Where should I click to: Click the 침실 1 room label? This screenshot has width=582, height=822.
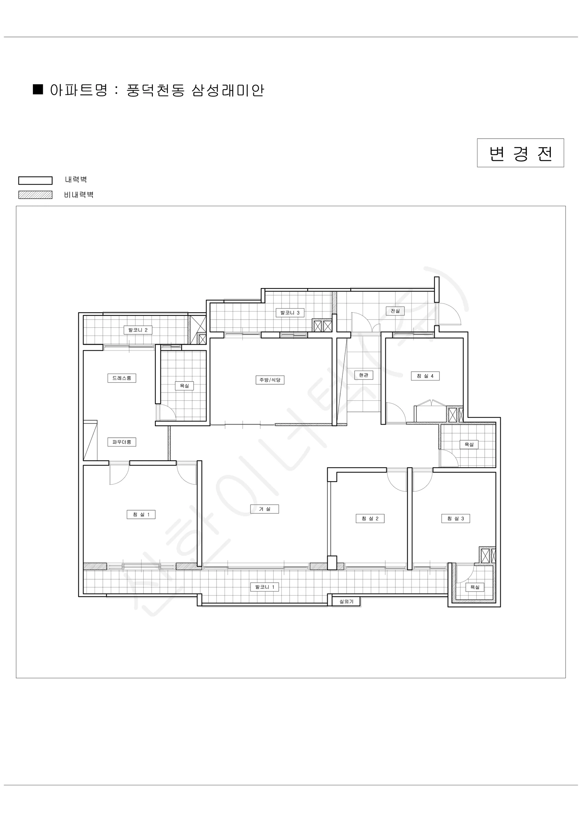click(141, 514)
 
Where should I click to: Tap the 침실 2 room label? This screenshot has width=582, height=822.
click(370, 519)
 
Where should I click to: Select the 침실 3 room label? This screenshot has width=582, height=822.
click(456, 519)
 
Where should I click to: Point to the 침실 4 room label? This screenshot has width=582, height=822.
click(425, 376)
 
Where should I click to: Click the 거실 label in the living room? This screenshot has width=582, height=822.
click(265, 509)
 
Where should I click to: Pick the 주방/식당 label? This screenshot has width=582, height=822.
click(270, 380)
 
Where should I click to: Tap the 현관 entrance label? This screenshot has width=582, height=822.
click(364, 375)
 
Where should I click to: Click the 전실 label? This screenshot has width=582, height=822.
click(395, 311)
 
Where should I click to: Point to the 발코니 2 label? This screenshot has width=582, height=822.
click(138, 330)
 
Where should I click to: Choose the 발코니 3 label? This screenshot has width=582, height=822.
click(290, 313)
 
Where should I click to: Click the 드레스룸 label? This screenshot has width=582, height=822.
click(122, 378)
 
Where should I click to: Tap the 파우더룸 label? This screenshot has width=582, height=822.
click(122, 442)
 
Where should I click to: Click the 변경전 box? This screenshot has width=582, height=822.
click(520, 153)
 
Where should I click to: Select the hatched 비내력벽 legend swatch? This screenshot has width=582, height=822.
click(36, 195)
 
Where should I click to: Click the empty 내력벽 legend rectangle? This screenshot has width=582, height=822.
click(36, 180)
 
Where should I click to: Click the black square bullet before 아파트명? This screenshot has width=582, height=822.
click(38, 89)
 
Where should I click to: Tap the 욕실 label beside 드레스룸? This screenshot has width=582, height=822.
click(184, 386)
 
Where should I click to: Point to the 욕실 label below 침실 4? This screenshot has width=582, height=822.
click(469, 444)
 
